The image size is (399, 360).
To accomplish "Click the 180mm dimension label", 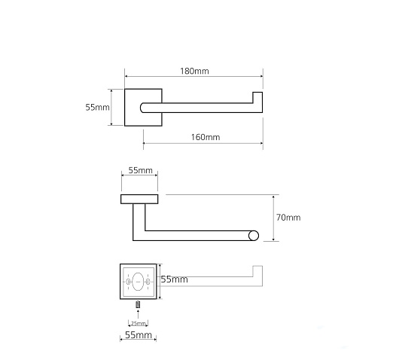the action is coord(194,71).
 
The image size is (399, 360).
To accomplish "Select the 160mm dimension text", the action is coord(206,137).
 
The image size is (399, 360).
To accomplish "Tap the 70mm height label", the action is coord(288,218).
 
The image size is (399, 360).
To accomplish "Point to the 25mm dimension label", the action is coord(139,324).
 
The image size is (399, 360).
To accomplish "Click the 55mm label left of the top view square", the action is coord(97,108).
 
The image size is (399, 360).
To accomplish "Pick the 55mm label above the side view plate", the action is coord(140,170).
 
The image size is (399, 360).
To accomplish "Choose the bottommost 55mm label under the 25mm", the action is coord(139,335).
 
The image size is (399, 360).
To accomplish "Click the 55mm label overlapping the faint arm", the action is coord(175,279).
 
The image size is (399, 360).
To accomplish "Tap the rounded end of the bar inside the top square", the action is coord(142,108).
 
